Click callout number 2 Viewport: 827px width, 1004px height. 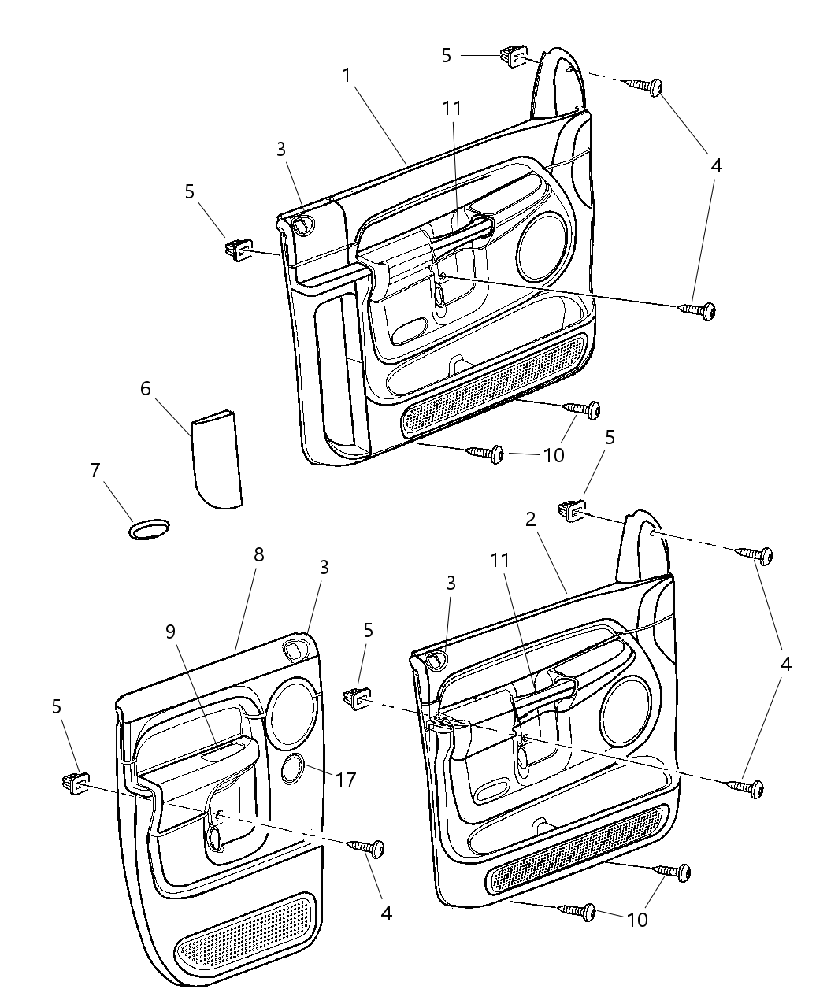point(531,519)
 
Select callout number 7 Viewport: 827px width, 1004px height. point(95,471)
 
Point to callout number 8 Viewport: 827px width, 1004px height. point(258,554)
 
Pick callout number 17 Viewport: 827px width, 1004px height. point(345,780)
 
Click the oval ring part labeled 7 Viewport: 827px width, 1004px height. point(149,529)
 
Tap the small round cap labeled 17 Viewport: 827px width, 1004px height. point(295,769)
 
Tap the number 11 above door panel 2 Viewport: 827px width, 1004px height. point(501,561)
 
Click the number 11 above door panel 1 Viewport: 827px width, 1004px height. point(451,108)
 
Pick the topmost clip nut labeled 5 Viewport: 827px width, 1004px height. point(513,57)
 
